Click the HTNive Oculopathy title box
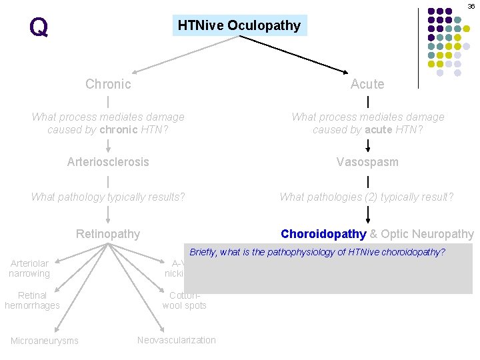pos(239,25)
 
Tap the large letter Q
pos(39,27)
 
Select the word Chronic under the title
pos(108,84)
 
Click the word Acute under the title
pos(367,84)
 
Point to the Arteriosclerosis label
pos(108,162)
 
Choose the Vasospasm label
pos(367,162)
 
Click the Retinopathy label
pos(108,234)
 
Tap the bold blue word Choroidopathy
pos(323,234)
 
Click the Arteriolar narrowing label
pos(29,269)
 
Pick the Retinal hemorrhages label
pos(32,300)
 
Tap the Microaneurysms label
pos(44,341)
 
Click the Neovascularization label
pos(177,340)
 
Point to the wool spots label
pos(185,305)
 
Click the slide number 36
pos(471,6)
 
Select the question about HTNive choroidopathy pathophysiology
pos(317,252)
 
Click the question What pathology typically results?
pos(108,197)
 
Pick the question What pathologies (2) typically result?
pos(367,197)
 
